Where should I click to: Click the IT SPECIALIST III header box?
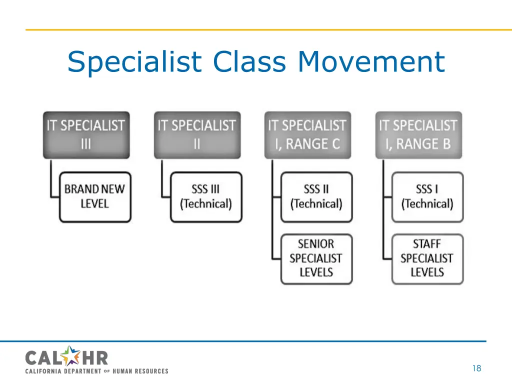tap(86, 134)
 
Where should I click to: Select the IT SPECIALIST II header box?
tap(197, 134)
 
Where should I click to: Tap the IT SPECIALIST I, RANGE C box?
tap(307, 134)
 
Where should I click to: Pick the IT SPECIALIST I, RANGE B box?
tap(418, 134)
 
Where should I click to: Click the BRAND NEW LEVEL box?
tap(95, 196)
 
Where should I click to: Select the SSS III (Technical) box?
tap(206, 196)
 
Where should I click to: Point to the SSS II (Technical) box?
tap(316, 196)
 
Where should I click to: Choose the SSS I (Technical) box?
tap(427, 196)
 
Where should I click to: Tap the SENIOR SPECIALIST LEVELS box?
tap(316, 258)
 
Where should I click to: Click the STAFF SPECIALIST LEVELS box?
tap(427, 258)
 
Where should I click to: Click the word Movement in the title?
tap(370, 62)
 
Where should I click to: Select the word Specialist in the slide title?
tap(134, 62)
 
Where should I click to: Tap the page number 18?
tap(476, 368)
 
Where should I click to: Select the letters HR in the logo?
tap(95, 357)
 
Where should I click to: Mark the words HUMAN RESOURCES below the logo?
tap(140, 371)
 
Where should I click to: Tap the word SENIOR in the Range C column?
tap(315, 244)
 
